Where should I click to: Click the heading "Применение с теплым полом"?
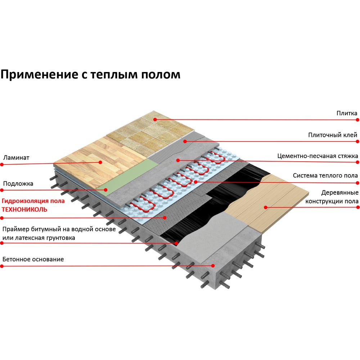click(x=90, y=75)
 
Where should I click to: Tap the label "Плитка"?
click(x=347, y=113)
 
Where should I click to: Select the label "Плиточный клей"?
click(x=332, y=135)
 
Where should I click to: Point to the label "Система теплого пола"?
click(x=325, y=176)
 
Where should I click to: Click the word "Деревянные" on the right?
click(x=340, y=193)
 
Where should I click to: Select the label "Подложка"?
click(x=18, y=184)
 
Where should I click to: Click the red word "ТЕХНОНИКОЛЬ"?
click(x=24, y=210)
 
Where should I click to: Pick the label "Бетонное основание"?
click(x=33, y=260)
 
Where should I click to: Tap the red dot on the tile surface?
click(x=155, y=120)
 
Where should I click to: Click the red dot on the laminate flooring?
click(x=100, y=162)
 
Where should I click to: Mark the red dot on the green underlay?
click(x=105, y=190)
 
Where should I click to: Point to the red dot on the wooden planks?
click(x=266, y=207)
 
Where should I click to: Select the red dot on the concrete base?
click(x=213, y=266)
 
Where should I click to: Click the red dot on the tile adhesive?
click(x=185, y=141)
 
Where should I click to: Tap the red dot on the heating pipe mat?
click(x=195, y=182)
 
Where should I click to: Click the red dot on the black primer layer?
click(x=176, y=243)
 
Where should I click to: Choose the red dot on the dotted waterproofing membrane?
click(x=165, y=218)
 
